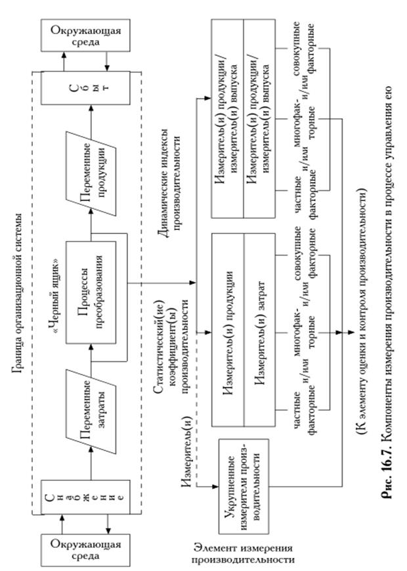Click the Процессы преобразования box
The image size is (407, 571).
87,283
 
